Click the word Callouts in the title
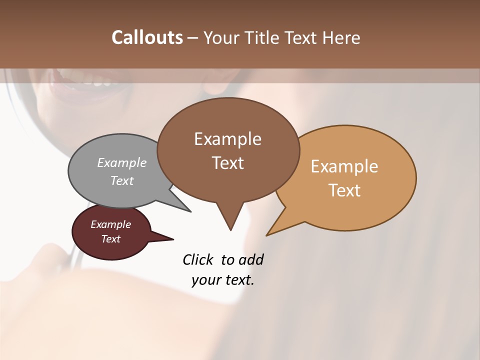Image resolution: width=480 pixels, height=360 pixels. [x=147, y=37]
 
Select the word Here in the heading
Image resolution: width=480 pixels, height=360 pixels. [x=341, y=38]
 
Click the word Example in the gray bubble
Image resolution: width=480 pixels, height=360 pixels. [x=122, y=163]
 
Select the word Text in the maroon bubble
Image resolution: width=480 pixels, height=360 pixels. [x=111, y=239]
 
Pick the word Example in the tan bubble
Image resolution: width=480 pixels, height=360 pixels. [x=344, y=166]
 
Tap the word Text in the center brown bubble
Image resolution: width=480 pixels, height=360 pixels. [x=228, y=163]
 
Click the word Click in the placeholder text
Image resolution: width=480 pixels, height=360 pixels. [x=198, y=259]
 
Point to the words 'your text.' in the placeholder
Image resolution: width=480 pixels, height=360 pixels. [x=223, y=280]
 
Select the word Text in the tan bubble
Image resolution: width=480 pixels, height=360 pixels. [x=344, y=190]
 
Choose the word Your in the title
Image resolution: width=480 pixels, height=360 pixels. [x=222, y=38]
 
